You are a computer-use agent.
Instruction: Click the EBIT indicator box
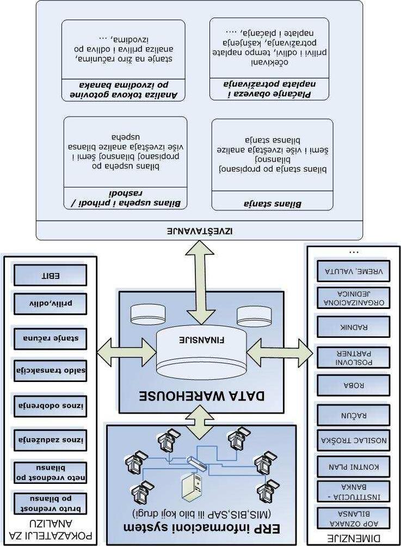[50, 275]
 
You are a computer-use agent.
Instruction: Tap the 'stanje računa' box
[50, 338]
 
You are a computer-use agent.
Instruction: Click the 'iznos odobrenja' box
[50, 405]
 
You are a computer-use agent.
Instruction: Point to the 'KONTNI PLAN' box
[354, 466]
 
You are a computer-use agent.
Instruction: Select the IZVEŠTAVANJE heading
[199, 230]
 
